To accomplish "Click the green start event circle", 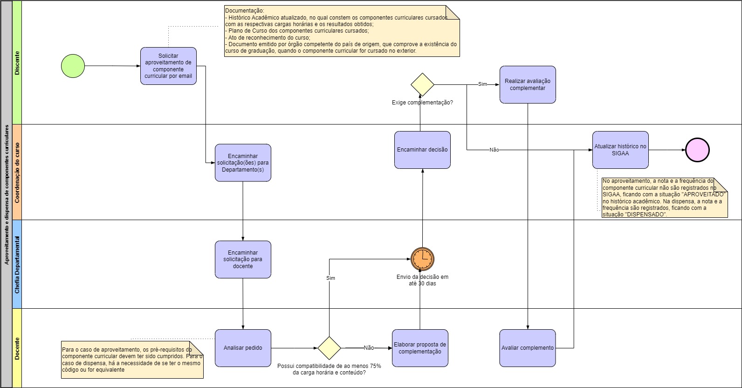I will point(73,66).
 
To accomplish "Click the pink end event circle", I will point(697,150).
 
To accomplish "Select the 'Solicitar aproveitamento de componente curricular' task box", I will point(168,66).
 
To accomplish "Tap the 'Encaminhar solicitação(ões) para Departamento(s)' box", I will point(243,162).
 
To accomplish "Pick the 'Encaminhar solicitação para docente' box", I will point(243,259).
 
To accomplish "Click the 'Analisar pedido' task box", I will point(243,348).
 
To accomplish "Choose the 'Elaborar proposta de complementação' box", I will point(420,348).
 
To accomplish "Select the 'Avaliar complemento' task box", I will point(528,348).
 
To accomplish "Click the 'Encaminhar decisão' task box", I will point(422,150).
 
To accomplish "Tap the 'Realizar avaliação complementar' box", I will point(528,84).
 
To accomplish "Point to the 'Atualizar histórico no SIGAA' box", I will point(620,150).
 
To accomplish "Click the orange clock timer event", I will point(422,259).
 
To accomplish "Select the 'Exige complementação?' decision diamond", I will point(422,85).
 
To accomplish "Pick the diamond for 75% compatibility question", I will point(329,348).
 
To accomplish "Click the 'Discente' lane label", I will point(17,63).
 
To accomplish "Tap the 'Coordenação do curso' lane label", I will point(17,172).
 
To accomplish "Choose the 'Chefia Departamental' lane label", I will point(17,264).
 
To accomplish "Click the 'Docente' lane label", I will point(17,348).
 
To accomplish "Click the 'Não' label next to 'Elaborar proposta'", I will point(369,348).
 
